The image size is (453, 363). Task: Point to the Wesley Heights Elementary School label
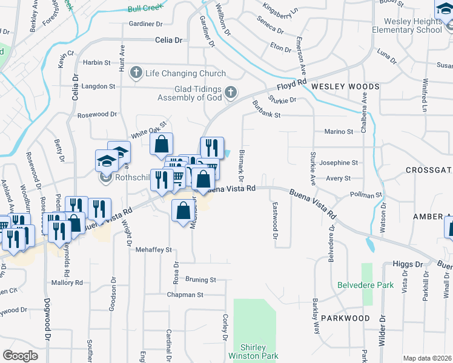[x=400, y=25]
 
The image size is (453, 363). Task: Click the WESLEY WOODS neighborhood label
[x=345, y=87]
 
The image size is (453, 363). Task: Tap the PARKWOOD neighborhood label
[x=345, y=318]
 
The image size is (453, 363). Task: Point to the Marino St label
[x=339, y=131]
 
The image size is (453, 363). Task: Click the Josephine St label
[x=339, y=163]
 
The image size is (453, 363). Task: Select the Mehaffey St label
[x=154, y=249]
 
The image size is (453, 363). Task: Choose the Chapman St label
[x=185, y=295]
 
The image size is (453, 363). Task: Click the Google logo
[x=20, y=356]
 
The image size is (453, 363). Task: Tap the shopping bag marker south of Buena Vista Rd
[x=183, y=211]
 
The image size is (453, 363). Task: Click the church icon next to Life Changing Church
[x=136, y=73]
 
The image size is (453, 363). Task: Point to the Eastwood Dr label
[x=274, y=220]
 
